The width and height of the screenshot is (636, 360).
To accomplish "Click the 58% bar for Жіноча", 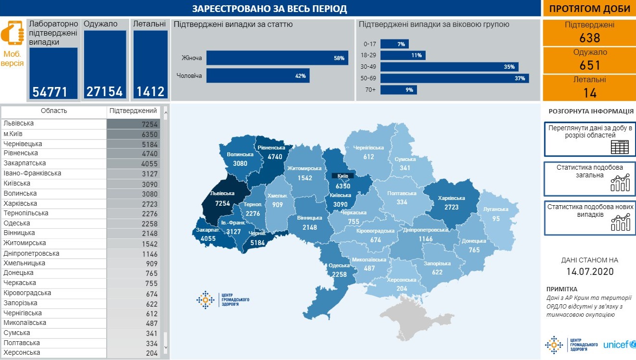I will pos(277,58).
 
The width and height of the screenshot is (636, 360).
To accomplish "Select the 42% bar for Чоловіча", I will pos(257,76).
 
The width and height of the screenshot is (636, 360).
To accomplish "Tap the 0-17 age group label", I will pos(370,44).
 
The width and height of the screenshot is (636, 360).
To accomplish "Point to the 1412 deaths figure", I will pos(150,91).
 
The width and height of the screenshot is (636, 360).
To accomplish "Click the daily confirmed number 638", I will pos(589,38).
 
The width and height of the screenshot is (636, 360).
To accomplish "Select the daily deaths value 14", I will pos(589,93).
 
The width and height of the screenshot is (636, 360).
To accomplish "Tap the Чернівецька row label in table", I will pos(23,144).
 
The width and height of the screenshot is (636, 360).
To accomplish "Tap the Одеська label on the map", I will pos(339,265).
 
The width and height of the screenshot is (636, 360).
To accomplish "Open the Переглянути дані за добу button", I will pos(589,139).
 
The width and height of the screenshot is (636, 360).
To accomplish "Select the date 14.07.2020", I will pos(589,272).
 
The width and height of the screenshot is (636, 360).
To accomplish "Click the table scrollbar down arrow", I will pos(166,347).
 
